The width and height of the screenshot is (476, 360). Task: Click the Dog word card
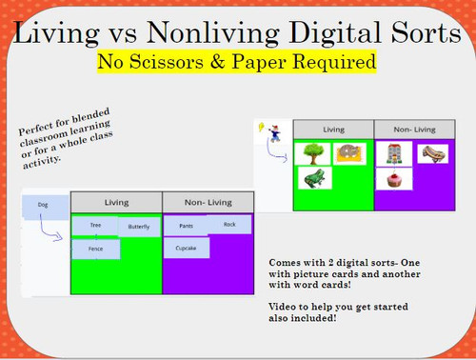pyautogui.click(x=42, y=204)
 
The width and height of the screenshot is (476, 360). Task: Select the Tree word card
pyautogui.click(x=95, y=225)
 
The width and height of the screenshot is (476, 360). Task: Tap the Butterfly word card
pyautogui.click(x=138, y=227)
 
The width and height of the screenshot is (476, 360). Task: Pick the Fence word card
pyautogui.click(x=95, y=249)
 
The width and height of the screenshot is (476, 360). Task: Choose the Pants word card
pyautogui.click(x=186, y=227)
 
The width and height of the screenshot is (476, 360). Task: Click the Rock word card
pyautogui.click(x=229, y=224)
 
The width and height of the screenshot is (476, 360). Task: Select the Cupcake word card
pyautogui.click(x=186, y=248)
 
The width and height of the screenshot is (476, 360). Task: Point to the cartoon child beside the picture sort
pyautogui.click(x=273, y=133)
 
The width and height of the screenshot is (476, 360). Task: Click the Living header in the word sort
pyautogui.click(x=115, y=202)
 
